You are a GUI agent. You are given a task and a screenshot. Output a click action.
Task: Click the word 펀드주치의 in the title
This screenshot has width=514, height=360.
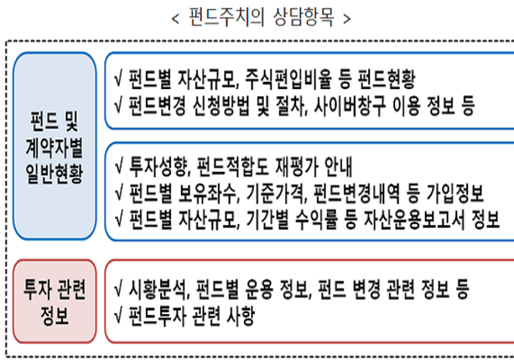tap(226, 17)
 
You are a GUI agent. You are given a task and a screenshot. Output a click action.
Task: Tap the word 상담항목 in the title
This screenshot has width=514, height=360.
tap(304, 17)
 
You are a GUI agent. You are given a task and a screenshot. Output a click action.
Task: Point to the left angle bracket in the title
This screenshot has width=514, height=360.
tap(176, 18)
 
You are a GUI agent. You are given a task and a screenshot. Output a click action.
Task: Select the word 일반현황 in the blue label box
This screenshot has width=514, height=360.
tap(54, 173)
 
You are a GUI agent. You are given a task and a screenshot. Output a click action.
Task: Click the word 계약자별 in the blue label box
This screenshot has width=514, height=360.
tap(54, 148)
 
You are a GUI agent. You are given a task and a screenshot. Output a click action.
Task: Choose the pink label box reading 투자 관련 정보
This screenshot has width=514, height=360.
tap(54, 302)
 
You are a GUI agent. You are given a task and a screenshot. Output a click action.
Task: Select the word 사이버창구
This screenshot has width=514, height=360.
tap(349, 106)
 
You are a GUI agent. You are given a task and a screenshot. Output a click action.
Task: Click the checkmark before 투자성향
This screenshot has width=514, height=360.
tap(119, 167)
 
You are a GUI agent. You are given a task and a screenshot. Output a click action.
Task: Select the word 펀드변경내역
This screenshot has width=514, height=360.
tap(357, 193)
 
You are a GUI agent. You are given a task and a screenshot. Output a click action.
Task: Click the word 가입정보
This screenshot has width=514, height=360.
tap(456, 193)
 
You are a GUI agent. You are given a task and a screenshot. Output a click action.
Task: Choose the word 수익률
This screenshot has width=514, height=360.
tap(317, 220)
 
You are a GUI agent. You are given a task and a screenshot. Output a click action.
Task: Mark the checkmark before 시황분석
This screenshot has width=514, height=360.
tap(119, 289)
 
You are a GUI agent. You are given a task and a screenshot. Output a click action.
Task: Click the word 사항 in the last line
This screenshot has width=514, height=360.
tap(241, 315)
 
